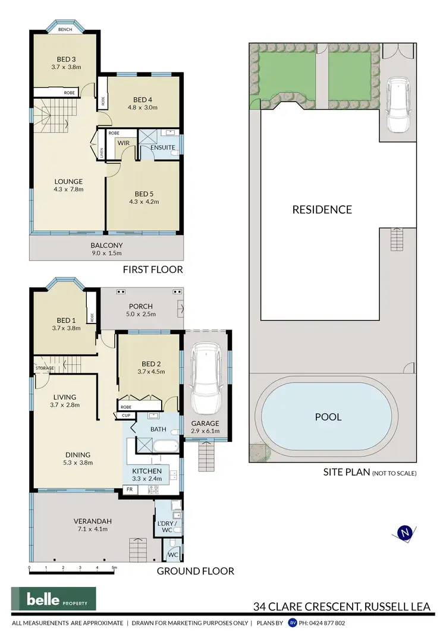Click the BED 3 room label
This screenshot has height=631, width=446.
tap(65, 59)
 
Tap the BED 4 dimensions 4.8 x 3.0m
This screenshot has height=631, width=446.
tap(139, 108)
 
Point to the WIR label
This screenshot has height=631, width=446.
tap(123, 143)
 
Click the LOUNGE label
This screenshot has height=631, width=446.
tap(68, 181)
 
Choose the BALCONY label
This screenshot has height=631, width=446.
tap(106, 245)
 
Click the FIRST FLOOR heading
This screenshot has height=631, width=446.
tap(152, 269)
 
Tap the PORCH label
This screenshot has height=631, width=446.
tap(141, 306)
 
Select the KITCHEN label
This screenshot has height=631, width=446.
tap(146, 471)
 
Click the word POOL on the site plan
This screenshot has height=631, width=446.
tap(328, 417)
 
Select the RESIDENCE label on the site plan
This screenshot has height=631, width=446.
tap(322, 209)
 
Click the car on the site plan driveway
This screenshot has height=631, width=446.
tap(398, 107)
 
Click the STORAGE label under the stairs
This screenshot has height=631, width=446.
tap(44, 368)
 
